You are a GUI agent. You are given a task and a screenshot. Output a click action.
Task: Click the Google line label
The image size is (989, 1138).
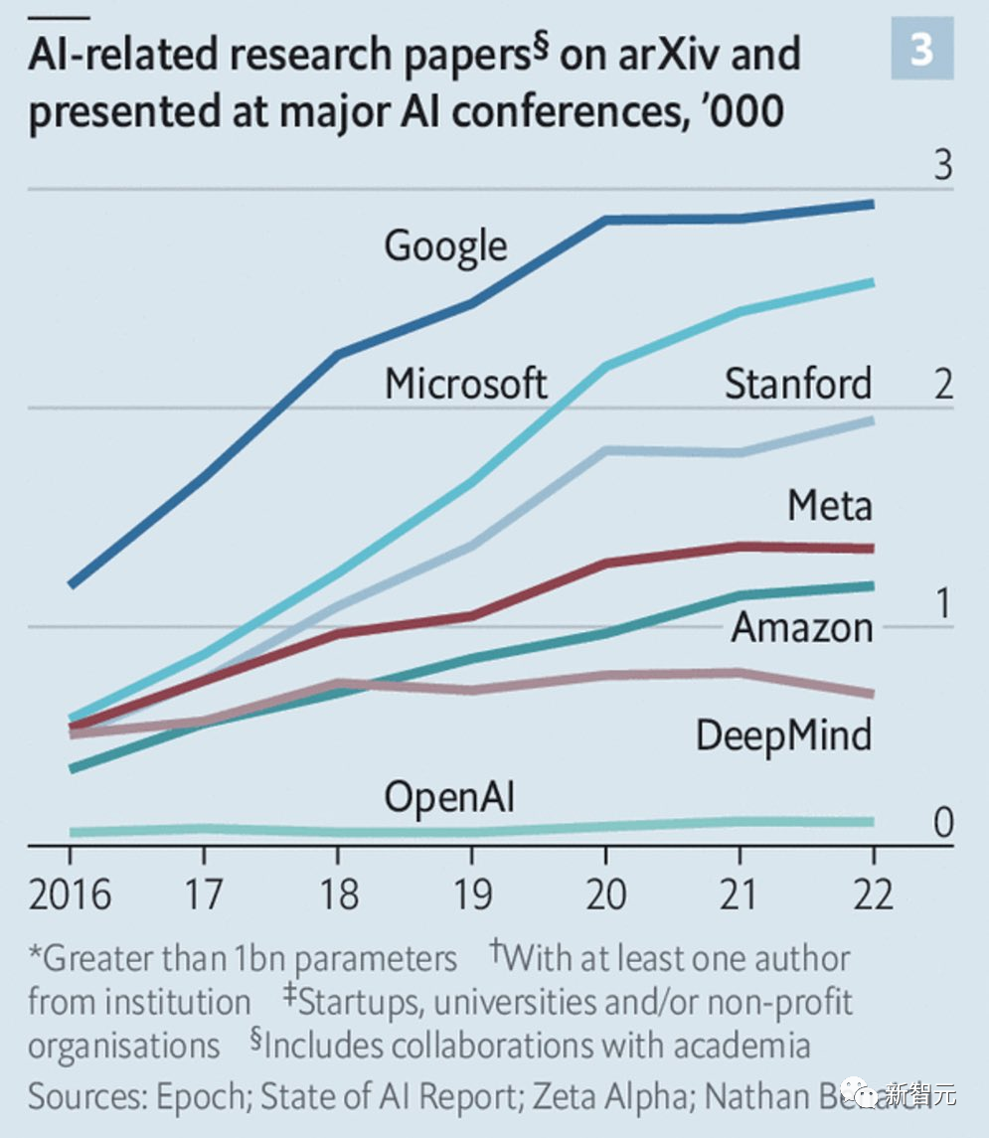[445, 245]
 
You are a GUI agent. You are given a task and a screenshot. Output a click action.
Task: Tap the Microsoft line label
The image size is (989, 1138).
[466, 383]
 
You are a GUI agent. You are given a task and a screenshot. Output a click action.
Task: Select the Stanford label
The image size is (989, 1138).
[798, 383]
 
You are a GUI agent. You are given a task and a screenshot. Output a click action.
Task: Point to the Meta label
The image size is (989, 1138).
[829, 506]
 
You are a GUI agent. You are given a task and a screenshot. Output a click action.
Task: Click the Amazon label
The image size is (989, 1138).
[802, 627]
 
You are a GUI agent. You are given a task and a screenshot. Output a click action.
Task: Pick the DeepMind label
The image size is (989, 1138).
[783, 735]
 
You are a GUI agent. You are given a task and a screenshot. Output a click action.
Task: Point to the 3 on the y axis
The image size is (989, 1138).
[941, 166]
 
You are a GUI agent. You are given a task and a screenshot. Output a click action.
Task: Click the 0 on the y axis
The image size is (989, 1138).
[941, 823]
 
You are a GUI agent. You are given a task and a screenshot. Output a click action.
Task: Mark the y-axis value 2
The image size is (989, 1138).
[941, 386]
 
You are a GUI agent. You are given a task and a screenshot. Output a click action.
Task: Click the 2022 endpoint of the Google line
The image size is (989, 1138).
[872, 204]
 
